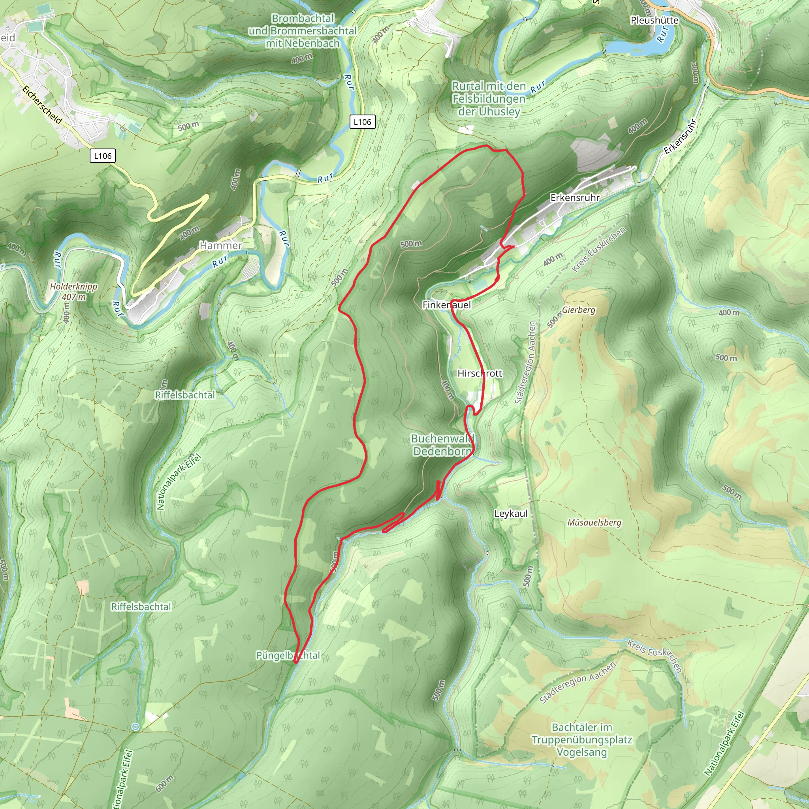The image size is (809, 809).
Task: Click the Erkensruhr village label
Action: tap(574, 198)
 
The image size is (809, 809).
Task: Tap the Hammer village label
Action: tap(221, 245)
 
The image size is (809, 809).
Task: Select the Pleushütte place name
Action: tap(655, 20)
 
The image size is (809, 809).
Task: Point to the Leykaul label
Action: tap(510, 514)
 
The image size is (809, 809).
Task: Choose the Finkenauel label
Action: tap(446, 305)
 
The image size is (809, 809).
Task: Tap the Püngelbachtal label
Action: tap(288, 655)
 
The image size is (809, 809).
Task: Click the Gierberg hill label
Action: tap(578, 310)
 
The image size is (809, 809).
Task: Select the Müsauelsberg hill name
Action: tap(594, 523)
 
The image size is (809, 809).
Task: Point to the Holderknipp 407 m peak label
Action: tap(74, 292)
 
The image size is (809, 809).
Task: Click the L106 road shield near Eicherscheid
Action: tap(103, 156)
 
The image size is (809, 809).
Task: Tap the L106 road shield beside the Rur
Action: tap(362, 122)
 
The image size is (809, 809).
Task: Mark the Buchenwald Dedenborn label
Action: tap(442, 445)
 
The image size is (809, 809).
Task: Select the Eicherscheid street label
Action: tap(42, 105)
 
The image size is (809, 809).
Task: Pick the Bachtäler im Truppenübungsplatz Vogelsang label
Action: tap(581, 739)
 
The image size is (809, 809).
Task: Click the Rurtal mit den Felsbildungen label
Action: tap(489, 99)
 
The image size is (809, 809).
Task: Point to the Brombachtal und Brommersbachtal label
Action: tap(302, 30)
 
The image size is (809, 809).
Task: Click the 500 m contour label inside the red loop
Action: tap(411, 244)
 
